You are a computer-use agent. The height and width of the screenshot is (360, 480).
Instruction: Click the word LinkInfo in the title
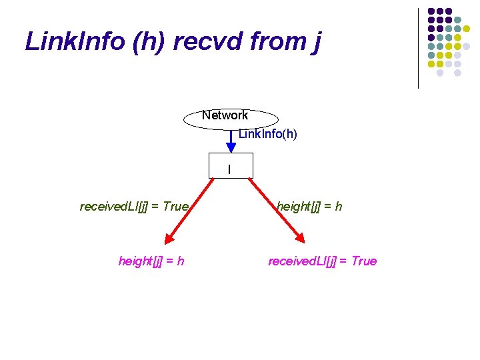click(75, 41)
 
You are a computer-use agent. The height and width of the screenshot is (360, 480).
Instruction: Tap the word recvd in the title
click(203, 41)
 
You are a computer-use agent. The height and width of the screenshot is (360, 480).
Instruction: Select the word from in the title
click(277, 41)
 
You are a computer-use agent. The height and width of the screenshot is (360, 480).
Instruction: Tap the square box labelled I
click(230, 167)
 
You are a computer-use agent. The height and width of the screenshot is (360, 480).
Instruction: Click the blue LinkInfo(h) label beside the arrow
click(268, 134)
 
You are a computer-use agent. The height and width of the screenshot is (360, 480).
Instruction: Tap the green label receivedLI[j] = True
click(134, 207)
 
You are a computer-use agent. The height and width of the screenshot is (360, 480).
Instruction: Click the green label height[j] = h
click(309, 207)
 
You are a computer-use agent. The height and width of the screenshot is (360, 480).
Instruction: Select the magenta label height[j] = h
click(151, 261)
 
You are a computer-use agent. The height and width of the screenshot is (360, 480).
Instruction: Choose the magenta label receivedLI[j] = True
click(322, 261)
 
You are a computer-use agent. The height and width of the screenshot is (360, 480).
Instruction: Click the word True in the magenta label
click(363, 261)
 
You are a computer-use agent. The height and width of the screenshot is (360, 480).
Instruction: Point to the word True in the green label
click(175, 207)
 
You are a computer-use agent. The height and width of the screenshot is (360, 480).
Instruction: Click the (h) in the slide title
click(151, 41)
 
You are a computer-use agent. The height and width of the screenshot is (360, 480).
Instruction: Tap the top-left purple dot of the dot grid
click(431, 12)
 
